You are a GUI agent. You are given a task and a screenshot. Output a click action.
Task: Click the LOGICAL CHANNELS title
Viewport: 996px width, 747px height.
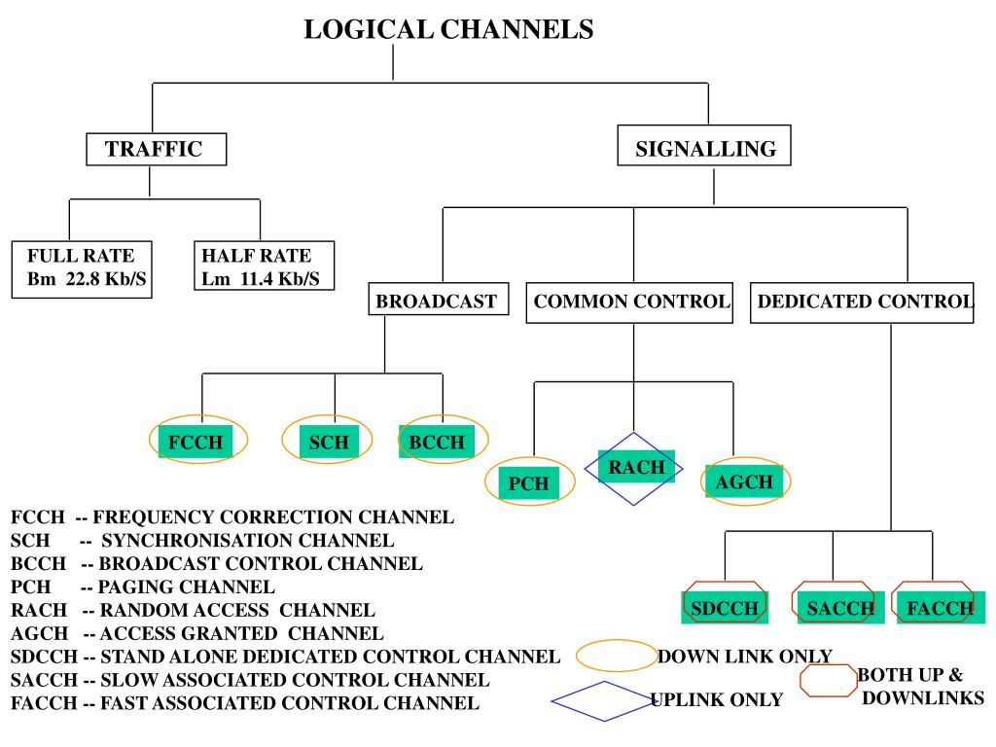[x=448, y=29]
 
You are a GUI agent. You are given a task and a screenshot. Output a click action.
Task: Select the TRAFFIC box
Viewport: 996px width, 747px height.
[x=157, y=149]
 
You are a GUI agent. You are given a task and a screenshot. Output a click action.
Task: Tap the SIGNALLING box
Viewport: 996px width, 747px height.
[x=704, y=146]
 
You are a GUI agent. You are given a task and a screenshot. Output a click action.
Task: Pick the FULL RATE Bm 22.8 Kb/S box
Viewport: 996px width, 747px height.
[x=82, y=269]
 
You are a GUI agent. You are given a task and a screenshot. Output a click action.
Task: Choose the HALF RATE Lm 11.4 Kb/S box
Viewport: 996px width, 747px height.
[x=264, y=266]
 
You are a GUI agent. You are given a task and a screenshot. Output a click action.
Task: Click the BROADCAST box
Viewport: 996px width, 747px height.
[x=439, y=299]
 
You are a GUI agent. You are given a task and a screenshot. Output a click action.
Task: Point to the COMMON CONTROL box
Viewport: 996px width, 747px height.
[x=629, y=303]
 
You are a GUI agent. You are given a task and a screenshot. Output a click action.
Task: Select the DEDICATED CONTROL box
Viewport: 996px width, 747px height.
[x=862, y=303]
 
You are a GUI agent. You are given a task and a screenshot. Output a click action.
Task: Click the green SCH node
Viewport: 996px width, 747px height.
[x=329, y=442]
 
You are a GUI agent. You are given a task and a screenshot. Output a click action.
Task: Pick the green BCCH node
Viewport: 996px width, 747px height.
[x=437, y=442]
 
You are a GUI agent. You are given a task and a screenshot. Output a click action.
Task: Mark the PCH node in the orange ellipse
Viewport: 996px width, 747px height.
[x=528, y=482]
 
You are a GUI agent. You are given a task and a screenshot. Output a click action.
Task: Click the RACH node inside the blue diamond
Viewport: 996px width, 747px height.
[x=636, y=467]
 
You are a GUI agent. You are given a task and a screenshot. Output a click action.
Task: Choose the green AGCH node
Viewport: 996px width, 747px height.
[x=744, y=481]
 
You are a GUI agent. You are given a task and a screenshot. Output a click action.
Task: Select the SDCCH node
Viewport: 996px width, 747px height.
[x=725, y=608]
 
